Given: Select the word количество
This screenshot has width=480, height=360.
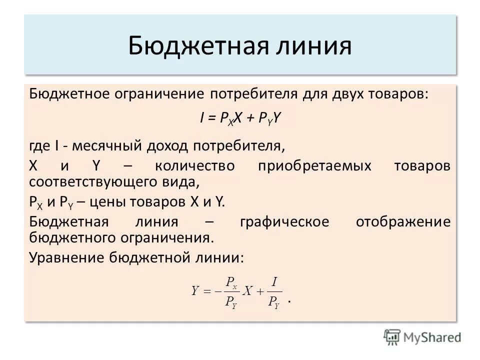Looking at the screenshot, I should pos(194,165).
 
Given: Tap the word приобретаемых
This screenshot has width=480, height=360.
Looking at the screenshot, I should pos(315,165).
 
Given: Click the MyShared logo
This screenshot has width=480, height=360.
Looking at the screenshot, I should pos(423,336).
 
